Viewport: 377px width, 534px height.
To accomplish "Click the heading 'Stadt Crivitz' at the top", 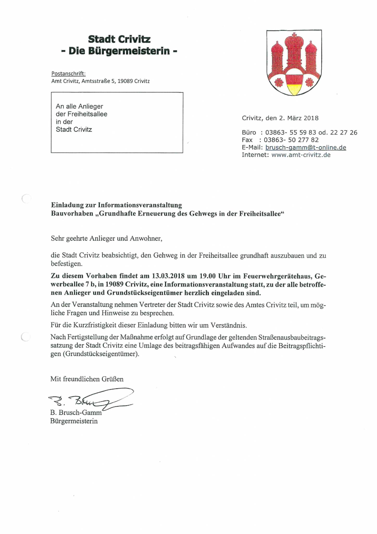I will pos(119,39).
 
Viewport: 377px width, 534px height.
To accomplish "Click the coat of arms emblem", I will pos(294,63).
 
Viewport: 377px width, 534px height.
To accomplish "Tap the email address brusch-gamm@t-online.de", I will pos(306,147).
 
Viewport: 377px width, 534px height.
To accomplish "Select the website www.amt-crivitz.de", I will pos(301,155).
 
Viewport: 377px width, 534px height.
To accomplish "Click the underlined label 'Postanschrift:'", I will pos(68,74).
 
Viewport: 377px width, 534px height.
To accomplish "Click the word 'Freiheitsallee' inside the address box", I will pos(87,114).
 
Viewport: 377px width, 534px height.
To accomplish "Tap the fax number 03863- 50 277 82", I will pos(291,140).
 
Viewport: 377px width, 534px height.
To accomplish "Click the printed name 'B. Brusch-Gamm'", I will pos(76,413).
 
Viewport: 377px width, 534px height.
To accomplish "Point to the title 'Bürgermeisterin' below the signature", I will pos(74,421).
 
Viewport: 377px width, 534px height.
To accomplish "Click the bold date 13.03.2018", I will pos(168,276).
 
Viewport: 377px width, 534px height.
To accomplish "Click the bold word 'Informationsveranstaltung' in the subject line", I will pos(140,205).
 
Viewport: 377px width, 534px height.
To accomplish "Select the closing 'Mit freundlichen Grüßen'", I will pos(87,379).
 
